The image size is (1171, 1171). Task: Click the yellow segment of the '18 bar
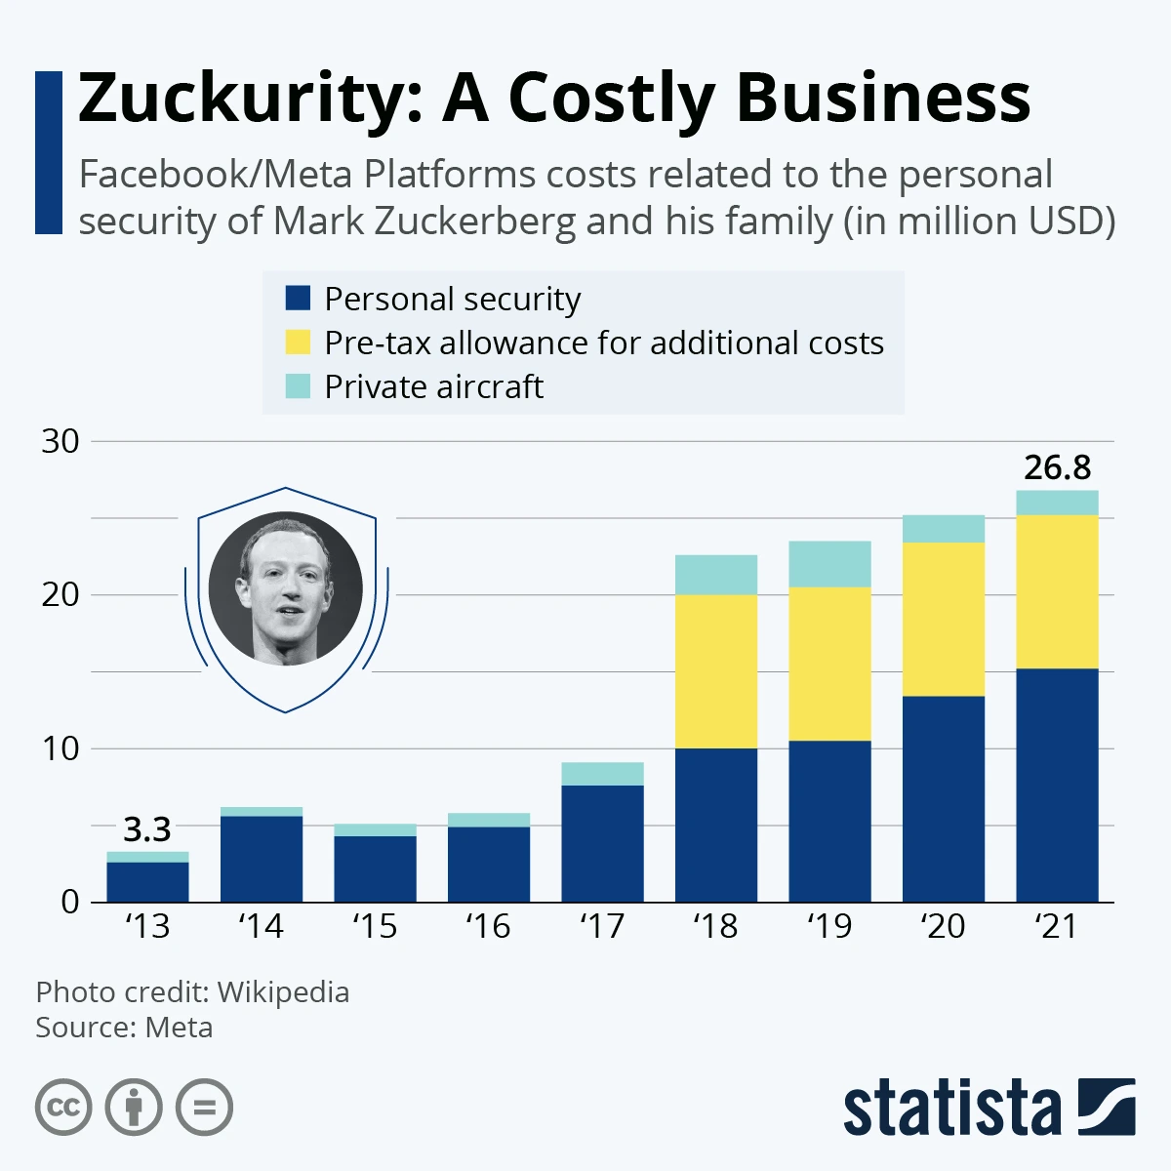[716, 671]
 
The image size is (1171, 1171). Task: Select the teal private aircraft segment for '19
[829, 563]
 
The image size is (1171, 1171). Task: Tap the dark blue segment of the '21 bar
[1057, 785]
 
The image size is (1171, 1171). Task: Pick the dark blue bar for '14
[261, 859]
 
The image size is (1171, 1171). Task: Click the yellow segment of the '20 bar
[944, 619]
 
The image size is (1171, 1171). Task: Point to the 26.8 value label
[1057, 468]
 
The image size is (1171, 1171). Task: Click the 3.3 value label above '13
[147, 830]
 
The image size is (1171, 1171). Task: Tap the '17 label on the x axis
[601, 926]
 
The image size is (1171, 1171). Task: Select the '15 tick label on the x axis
[375, 926]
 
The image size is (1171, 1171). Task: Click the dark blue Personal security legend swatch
[298, 299]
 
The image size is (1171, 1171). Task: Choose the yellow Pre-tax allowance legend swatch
[298, 343]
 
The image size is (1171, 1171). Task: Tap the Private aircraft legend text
[433, 387]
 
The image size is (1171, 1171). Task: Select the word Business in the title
[882, 99]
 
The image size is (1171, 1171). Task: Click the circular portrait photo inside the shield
[286, 588]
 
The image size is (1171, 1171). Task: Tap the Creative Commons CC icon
[63, 1108]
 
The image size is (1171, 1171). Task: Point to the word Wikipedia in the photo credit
[283, 992]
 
